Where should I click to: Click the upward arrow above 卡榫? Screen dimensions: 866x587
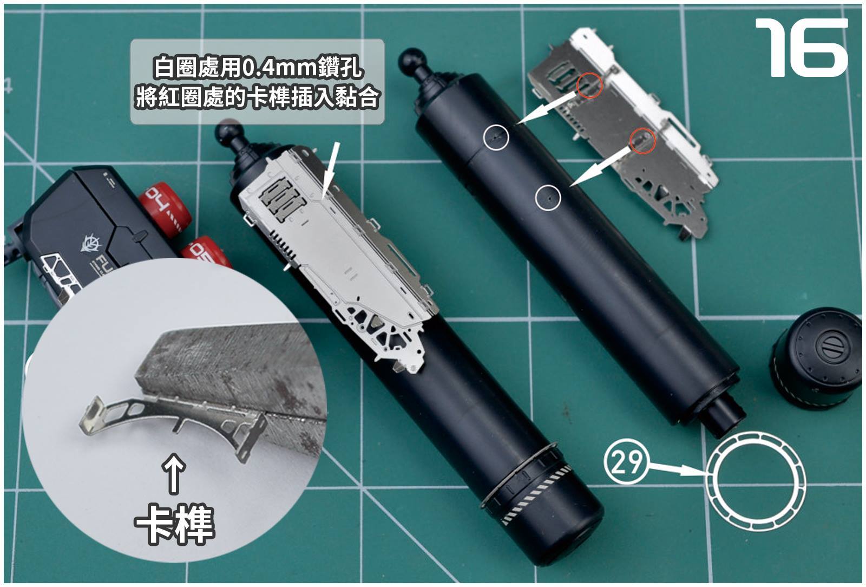point(174,473)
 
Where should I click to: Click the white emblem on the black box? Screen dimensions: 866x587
point(91,244)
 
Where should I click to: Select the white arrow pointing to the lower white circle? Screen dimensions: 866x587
point(601,166)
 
